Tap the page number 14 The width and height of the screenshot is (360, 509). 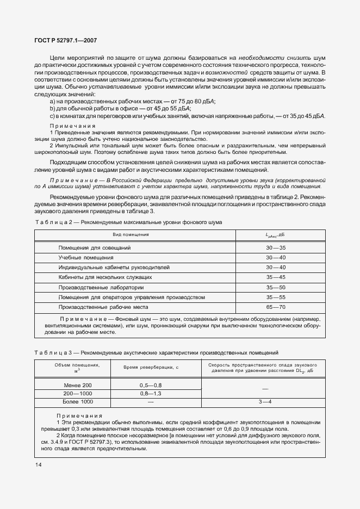click(x=39, y=464)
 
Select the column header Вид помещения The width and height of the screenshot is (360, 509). click(x=131, y=234)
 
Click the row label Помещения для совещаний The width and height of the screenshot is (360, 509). click(x=95, y=248)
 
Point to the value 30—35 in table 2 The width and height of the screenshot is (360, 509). click(x=276, y=248)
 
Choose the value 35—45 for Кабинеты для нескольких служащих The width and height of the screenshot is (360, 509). click(x=276, y=277)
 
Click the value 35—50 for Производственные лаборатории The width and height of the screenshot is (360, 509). click(x=276, y=288)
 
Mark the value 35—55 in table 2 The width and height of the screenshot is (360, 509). click(x=276, y=297)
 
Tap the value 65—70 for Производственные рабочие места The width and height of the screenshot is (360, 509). click(x=276, y=307)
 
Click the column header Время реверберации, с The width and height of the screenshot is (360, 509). click(x=151, y=368)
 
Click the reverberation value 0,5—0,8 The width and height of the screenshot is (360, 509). click(x=151, y=385)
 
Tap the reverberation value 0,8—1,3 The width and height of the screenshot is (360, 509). click(x=151, y=393)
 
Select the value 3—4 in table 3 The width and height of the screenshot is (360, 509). click(x=265, y=402)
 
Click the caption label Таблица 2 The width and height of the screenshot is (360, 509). click(x=51, y=222)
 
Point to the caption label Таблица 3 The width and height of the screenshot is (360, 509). click(x=51, y=353)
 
